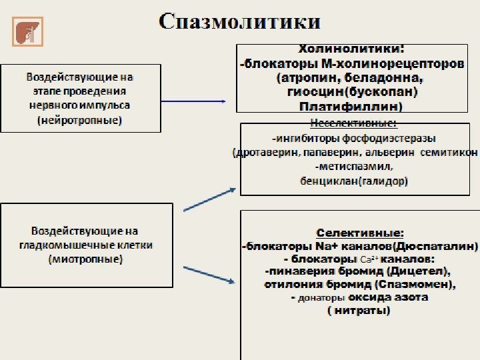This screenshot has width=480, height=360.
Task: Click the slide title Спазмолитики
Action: (x=239, y=21)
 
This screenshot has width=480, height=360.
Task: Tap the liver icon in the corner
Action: (x=27, y=32)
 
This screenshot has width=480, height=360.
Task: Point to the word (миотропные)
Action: (x=85, y=259)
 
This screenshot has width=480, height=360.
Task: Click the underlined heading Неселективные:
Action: (x=353, y=123)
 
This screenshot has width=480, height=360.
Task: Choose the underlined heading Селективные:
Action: (x=359, y=233)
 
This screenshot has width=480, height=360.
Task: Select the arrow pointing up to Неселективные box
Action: (x=209, y=199)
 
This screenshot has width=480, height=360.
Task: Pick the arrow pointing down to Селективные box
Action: (x=209, y=274)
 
